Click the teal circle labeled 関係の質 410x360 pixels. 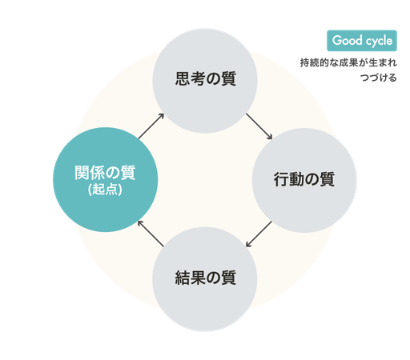(x=106, y=179)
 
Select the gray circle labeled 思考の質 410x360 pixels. (x=205, y=81)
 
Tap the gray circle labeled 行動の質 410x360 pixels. (x=304, y=181)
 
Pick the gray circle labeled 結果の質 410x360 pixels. (x=205, y=279)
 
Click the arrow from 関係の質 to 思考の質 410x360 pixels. (x=151, y=126)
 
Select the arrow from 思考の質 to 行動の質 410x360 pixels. (x=259, y=126)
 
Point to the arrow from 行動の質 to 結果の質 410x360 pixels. (x=259, y=234)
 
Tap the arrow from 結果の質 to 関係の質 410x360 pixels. (x=151, y=234)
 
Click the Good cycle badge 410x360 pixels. (x=362, y=41)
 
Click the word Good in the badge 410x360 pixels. (x=348, y=40)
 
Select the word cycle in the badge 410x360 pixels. (x=379, y=41)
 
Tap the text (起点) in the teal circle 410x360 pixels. (x=105, y=190)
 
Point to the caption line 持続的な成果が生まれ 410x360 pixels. (x=348, y=63)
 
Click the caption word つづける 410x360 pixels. (x=378, y=78)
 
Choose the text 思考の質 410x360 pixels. (x=206, y=78)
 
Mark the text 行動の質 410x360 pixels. (x=304, y=179)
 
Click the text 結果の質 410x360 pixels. (x=205, y=278)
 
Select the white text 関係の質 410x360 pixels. (x=105, y=173)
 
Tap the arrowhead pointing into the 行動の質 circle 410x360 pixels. (x=270, y=137)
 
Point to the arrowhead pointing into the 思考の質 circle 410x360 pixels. (x=161, y=116)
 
